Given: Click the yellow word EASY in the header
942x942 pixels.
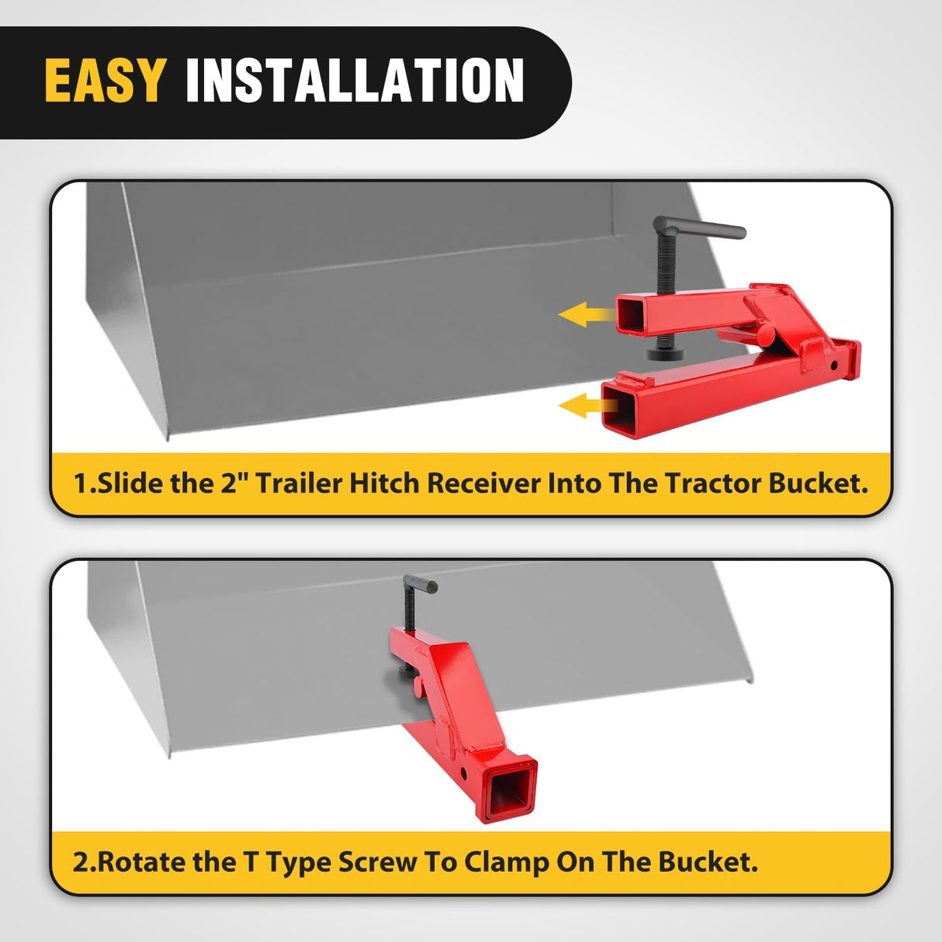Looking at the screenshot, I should pyautogui.click(x=105, y=81).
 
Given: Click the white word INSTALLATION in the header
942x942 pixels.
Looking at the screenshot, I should pyautogui.click(x=355, y=81).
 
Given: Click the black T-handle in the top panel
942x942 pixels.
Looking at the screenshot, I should pyautogui.click(x=699, y=228).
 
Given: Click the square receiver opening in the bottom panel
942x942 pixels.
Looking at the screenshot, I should pyautogui.click(x=509, y=788).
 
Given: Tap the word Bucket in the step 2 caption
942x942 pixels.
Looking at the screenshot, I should pyautogui.click(x=707, y=862).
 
